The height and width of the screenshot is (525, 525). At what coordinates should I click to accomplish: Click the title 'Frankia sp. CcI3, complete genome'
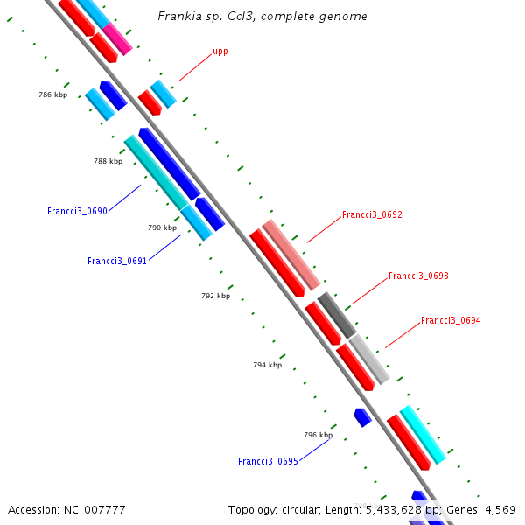(262, 17)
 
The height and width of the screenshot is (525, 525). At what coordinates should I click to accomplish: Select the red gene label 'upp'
(220, 52)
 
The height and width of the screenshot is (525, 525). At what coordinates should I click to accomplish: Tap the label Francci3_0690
(77, 212)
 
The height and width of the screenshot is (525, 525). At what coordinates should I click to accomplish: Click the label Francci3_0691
(117, 261)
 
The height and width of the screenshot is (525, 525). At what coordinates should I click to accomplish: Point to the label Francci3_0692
(372, 214)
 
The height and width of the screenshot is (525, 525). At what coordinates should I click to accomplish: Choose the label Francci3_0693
(418, 276)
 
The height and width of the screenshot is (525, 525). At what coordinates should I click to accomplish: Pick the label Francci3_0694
(451, 321)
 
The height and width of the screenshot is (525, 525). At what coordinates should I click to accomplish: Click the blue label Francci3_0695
(268, 461)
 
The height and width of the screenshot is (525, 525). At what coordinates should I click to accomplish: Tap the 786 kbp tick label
(52, 94)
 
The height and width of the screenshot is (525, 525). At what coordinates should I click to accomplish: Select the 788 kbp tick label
(108, 161)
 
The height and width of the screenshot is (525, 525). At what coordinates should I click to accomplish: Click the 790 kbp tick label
(162, 227)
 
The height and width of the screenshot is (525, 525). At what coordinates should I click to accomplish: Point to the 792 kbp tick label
(215, 296)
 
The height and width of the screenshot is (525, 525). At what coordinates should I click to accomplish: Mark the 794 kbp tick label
(267, 365)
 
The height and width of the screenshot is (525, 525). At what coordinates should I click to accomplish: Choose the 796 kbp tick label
(318, 435)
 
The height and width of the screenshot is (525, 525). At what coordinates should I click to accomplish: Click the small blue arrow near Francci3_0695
(362, 417)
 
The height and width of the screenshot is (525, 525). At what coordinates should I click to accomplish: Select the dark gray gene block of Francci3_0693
(337, 316)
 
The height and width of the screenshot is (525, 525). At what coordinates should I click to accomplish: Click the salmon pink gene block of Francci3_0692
(291, 255)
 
